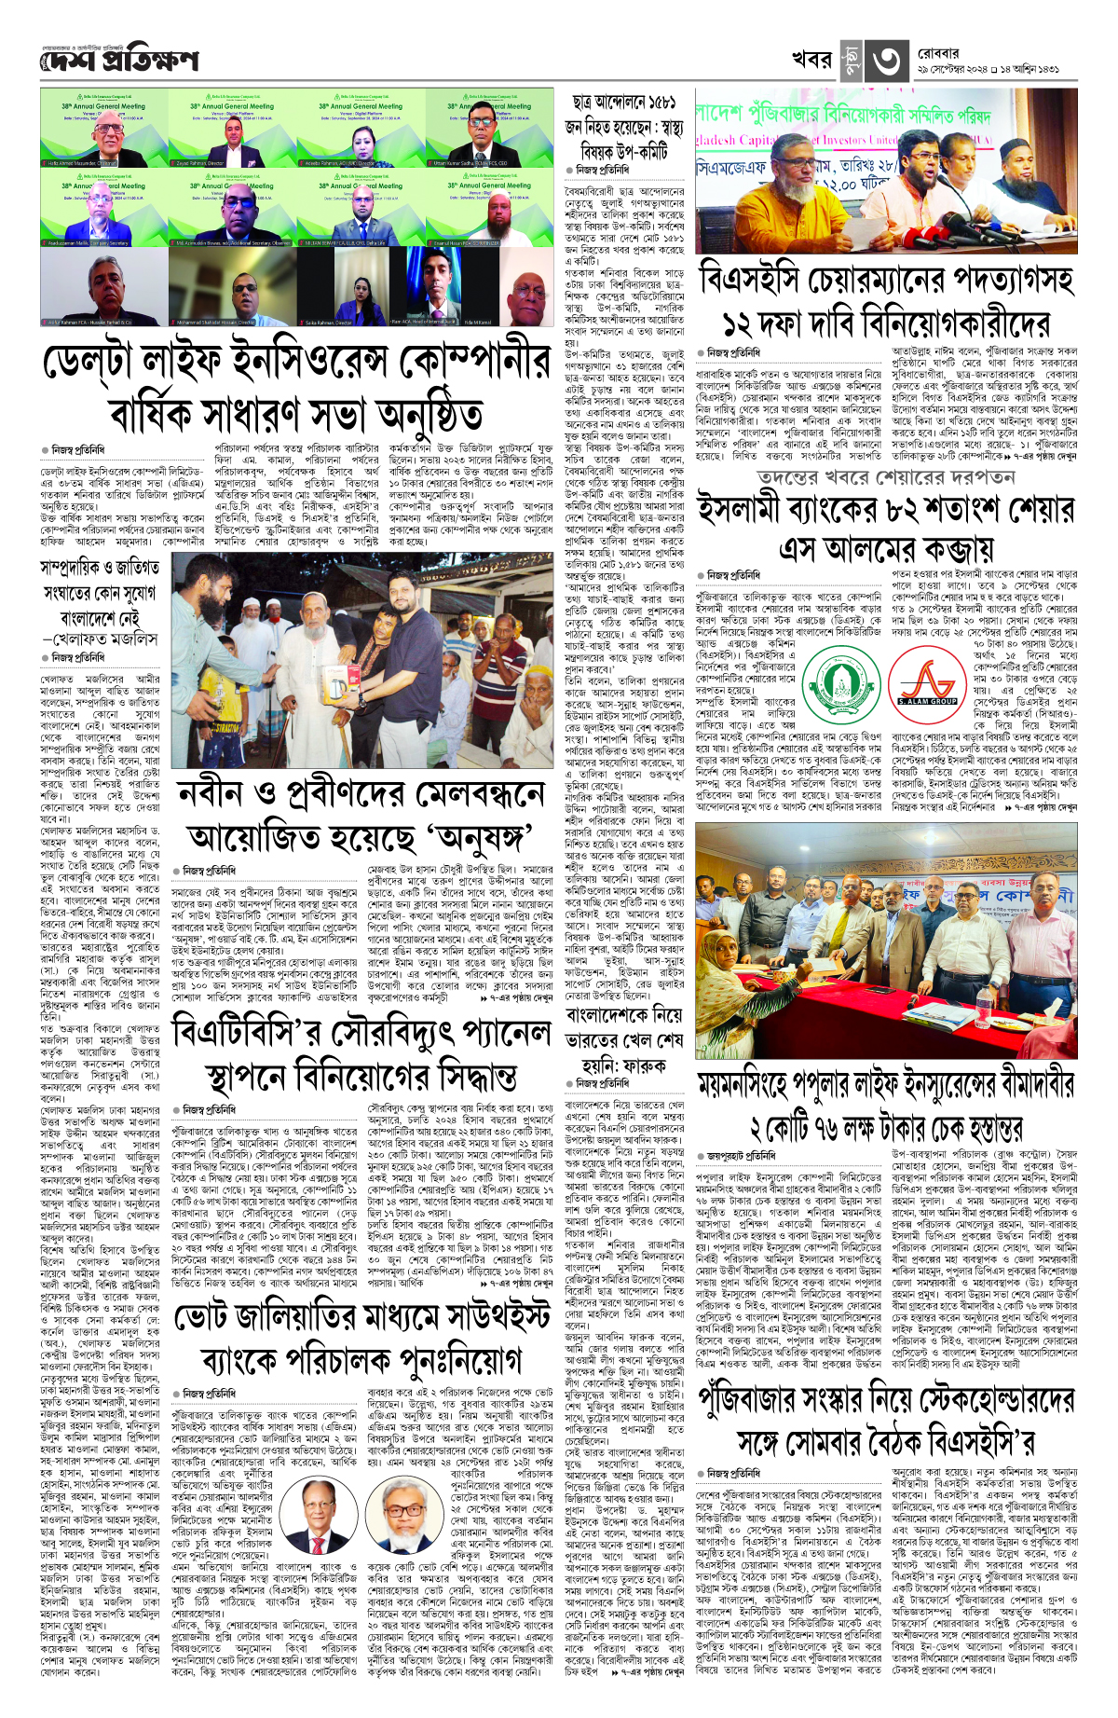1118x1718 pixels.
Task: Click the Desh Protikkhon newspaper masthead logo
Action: [119, 61]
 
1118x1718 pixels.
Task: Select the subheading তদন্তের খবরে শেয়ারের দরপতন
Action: [885, 477]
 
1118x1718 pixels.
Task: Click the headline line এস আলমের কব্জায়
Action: [886, 548]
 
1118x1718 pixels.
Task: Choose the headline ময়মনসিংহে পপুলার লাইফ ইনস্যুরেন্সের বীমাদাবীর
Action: [886, 1084]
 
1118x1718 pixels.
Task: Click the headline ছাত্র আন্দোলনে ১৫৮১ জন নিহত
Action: [624, 126]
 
